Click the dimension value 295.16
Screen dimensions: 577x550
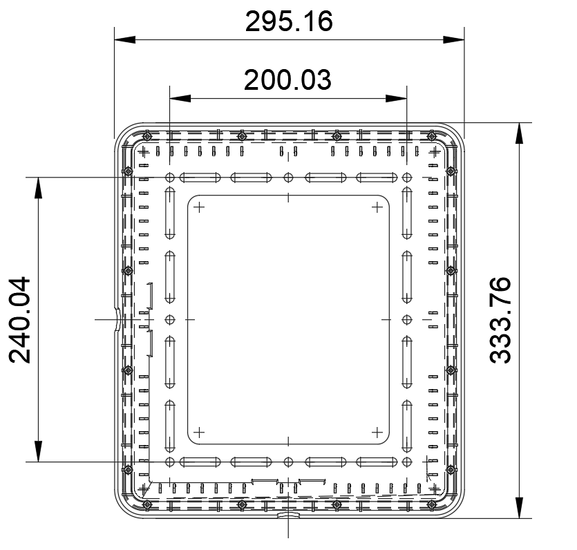click(x=289, y=21)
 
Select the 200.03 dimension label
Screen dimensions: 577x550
click(x=287, y=80)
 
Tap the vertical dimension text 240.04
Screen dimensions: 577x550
click(x=20, y=320)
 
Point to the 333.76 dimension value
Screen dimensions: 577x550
click(x=500, y=320)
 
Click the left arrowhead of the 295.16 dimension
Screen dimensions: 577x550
click(x=125, y=39)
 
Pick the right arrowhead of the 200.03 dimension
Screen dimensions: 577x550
click(x=396, y=98)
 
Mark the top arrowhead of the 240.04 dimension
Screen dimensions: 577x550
click(x=38, y=188)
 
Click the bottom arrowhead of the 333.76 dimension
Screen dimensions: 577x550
click(x=519, y=508)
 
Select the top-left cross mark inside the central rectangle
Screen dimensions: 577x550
click(x=199, y=207)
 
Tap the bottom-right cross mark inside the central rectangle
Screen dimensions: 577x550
click(x=377, y=433)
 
